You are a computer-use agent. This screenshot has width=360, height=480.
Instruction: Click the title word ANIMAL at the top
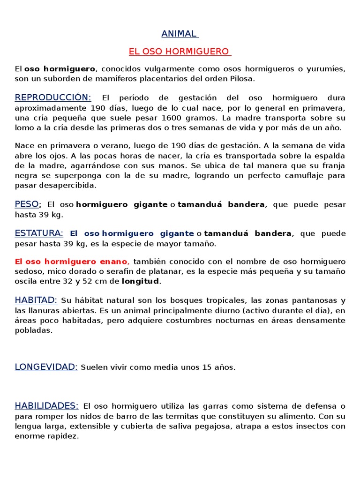tap(179, 34)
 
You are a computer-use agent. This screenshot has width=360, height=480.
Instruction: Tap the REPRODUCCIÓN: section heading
tap(53, 97)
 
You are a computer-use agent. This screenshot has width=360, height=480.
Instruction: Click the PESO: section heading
tap(28, 204)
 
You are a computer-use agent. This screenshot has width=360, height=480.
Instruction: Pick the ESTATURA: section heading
tap(39, 233)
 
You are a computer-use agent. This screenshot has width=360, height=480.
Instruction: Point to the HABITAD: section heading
tap(36, 300)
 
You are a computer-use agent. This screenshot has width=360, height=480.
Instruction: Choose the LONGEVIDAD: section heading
tap(46, 367)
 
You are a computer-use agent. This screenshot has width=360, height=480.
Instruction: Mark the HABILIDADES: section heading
tap(46, 406)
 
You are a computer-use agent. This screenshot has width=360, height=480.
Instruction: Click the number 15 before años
tap(207, 367)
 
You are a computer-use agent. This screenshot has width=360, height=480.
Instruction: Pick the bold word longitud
tap(140, 281)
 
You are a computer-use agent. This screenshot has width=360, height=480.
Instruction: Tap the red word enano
tap(112, 262)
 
